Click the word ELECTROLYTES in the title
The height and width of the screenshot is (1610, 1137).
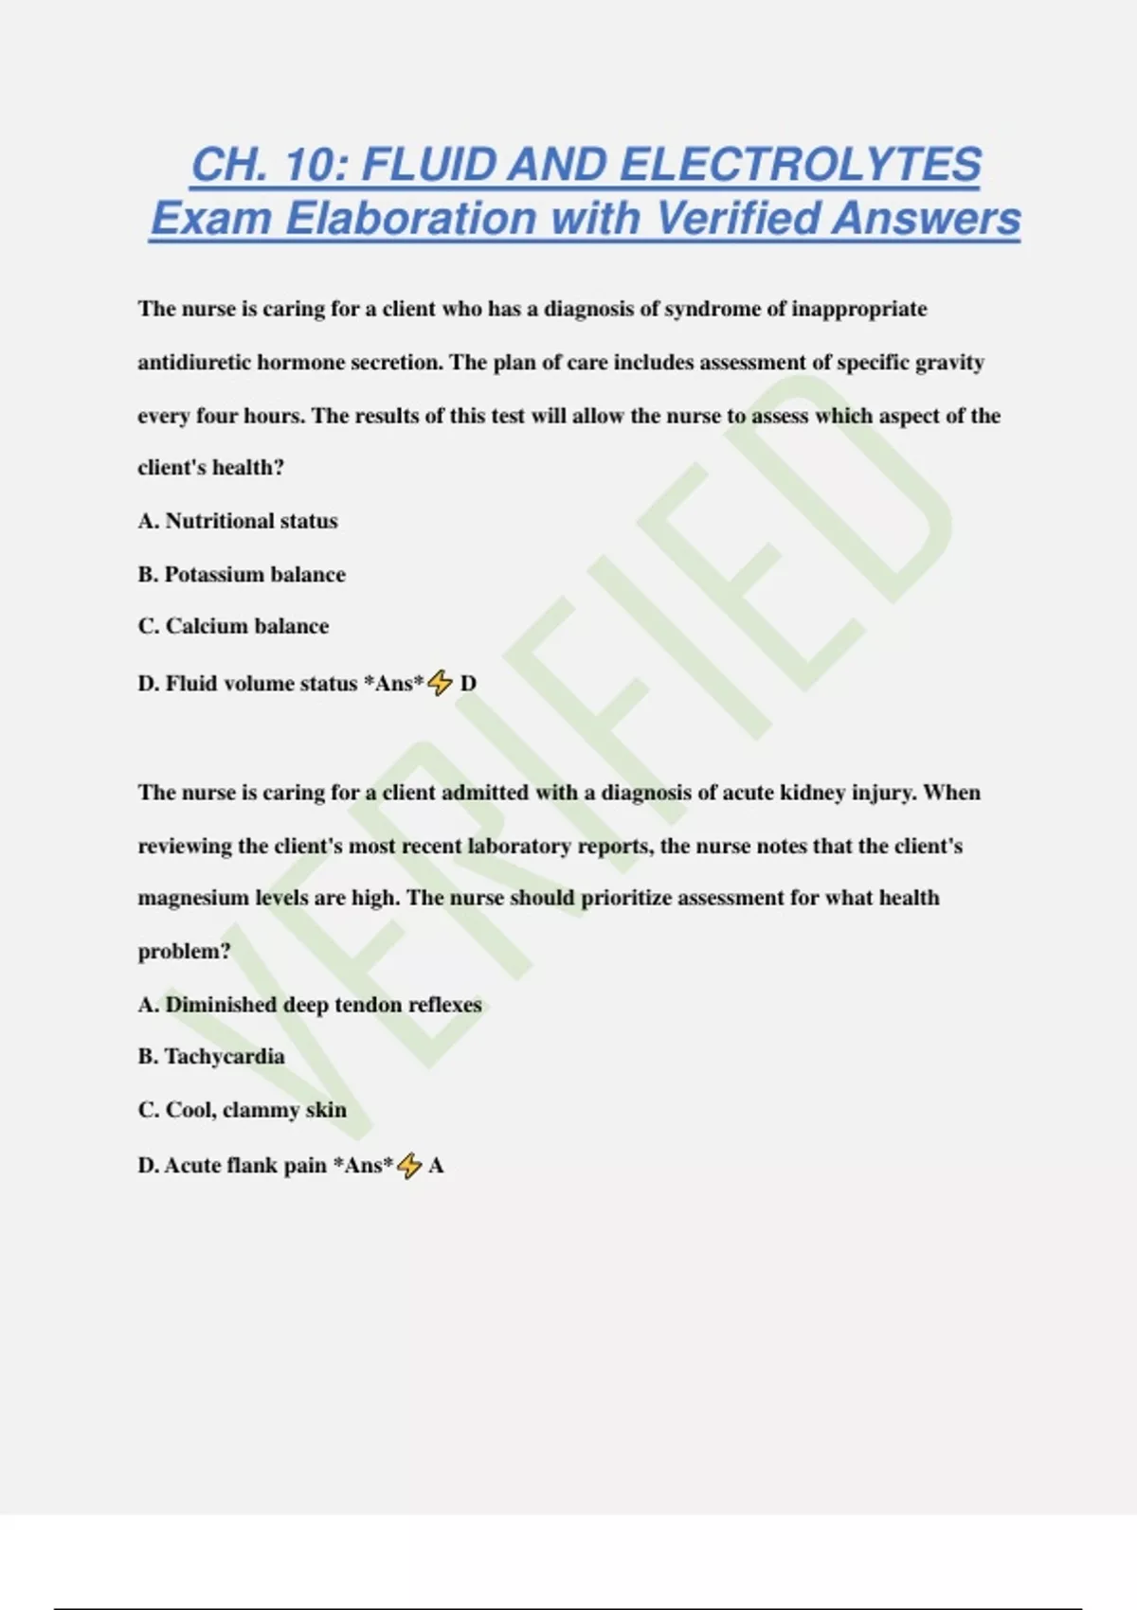coord(801,165)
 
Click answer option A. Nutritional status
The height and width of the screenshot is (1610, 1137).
coord(238,521)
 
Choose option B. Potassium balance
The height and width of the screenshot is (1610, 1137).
coord(242,574)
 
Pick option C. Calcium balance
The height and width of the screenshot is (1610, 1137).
coord(233,626)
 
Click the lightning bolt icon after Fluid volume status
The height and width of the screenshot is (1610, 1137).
coord(440,682)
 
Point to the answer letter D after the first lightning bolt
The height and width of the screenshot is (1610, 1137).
coord(468,683)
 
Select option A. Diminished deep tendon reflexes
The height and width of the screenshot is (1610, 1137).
coord(310,1005)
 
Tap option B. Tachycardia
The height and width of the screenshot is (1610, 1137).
coord(211,1056)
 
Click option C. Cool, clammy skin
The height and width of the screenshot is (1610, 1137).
coord(243,1110)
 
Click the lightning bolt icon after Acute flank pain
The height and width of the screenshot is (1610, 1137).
coord(409,1165)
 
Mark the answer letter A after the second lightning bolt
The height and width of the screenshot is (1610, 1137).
coord(436,1166)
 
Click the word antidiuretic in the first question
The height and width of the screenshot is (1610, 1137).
coord(194,363)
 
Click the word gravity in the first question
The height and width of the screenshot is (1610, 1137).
coord(949,363)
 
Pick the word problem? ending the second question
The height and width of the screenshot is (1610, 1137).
coord(184,951)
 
